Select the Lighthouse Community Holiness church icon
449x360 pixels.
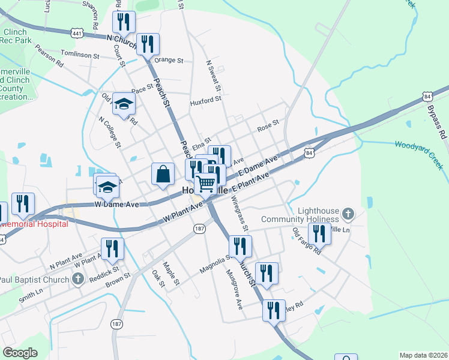(347, 214)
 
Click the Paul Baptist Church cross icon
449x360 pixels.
(76, 279)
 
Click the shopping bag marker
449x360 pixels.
(163, 174)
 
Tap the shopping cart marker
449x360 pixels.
(206, 182)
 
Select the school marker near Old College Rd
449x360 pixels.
(124, 104)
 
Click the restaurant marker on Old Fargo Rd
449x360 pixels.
(319, 233)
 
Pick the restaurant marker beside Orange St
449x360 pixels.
(147, 44)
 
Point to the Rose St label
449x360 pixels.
(268, 126)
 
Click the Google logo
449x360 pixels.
(20, 353)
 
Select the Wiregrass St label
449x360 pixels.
(239, 212)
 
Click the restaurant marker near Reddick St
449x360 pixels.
(112, 248)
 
